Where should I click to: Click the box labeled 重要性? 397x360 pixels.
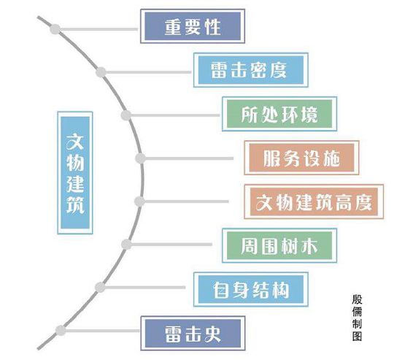pos(193,26)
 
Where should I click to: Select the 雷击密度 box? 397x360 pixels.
pos(250,70)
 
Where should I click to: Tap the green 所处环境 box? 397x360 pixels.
pos(280,114)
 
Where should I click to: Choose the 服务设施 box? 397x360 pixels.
pos(301,158)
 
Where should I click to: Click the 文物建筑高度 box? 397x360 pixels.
pos(314,202)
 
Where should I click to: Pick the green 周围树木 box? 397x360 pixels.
pos(280,246)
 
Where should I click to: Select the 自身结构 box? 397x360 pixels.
pos(250,290)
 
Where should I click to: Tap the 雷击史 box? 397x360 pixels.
pos(193,334)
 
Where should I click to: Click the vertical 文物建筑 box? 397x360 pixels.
pos(75,172)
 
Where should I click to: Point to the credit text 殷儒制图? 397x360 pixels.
pos(357,318)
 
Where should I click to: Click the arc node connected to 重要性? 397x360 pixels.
pos(55,29)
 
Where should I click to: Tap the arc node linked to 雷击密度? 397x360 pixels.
pos(101,72)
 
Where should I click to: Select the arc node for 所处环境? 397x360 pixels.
pos(126,115)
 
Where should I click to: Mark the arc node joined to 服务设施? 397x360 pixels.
pos(140,158)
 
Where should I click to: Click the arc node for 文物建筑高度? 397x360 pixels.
pos(139,202)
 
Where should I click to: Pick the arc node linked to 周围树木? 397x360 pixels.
pos(126,245)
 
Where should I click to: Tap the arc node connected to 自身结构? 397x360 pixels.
pos(100,287)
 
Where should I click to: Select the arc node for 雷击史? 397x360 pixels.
pos(61,331)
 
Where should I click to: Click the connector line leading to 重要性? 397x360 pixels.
pos(99,29)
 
